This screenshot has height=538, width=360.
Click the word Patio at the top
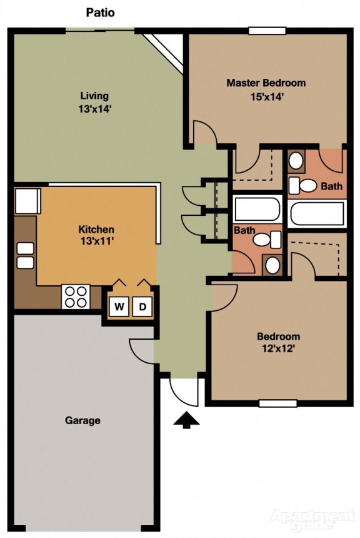point(99,13)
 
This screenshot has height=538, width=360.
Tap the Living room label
point(94,96)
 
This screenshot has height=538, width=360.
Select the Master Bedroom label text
point(266,83)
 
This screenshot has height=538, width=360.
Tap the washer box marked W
point(119,307)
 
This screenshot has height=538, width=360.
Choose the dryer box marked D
point(142,307)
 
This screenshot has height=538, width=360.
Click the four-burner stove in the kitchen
point(76,297)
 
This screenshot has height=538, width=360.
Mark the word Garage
point(82,420)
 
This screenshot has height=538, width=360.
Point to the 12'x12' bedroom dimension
point(278,349)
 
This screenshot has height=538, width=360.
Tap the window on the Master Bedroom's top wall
point(267,31)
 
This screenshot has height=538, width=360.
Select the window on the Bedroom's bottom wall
point(277,403)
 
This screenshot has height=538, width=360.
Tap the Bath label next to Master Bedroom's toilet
point(331,186)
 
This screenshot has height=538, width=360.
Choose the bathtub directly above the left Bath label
point(257,208)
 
